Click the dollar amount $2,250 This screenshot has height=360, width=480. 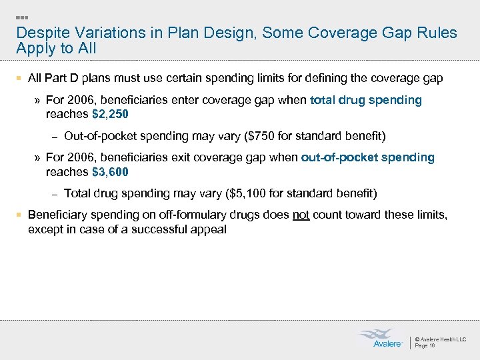tap(110, 114)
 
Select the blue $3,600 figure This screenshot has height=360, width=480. tap(110, 171)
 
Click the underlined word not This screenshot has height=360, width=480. tap(301, 215)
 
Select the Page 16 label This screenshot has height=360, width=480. tap(425, 346)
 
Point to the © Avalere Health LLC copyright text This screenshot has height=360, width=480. tap(441, 339)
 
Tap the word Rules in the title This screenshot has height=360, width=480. tap(437, 33)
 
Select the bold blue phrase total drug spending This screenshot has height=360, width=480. tap(366, 100)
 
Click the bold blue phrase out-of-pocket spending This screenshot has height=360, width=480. tap(367, 157)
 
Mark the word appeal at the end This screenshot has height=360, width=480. tap(209, 229)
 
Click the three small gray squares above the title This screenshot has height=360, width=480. tap(21, 16)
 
